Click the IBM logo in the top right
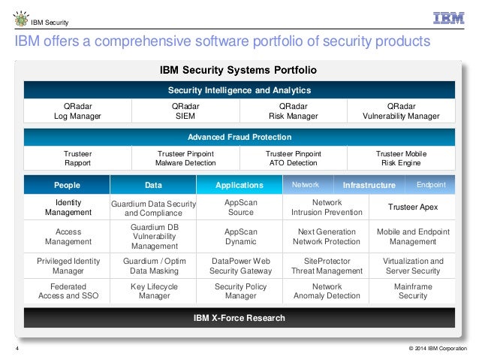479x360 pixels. tap(448, 19)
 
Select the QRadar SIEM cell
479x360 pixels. tap(185, 111)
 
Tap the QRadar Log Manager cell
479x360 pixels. tap(77, 111)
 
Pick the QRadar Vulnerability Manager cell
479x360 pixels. tap(402, 111)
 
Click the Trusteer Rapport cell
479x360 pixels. tap(77, 157)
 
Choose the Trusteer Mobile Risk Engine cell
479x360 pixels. tap(401, 157)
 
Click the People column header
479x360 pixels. tap(67, 185)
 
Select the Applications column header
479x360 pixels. tap(239, 185)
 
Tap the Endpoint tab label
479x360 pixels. tap(430, 184)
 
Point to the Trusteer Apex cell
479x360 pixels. tap(412, 207)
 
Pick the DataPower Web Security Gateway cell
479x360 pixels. tap(239, 266)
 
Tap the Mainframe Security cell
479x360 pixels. tap(412, 291)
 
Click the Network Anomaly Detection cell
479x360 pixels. tap(326, 291)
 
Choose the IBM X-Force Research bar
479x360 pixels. tap(239, 318)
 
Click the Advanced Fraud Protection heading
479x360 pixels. tap(239, 138)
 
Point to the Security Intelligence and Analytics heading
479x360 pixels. tap(239, 90)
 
